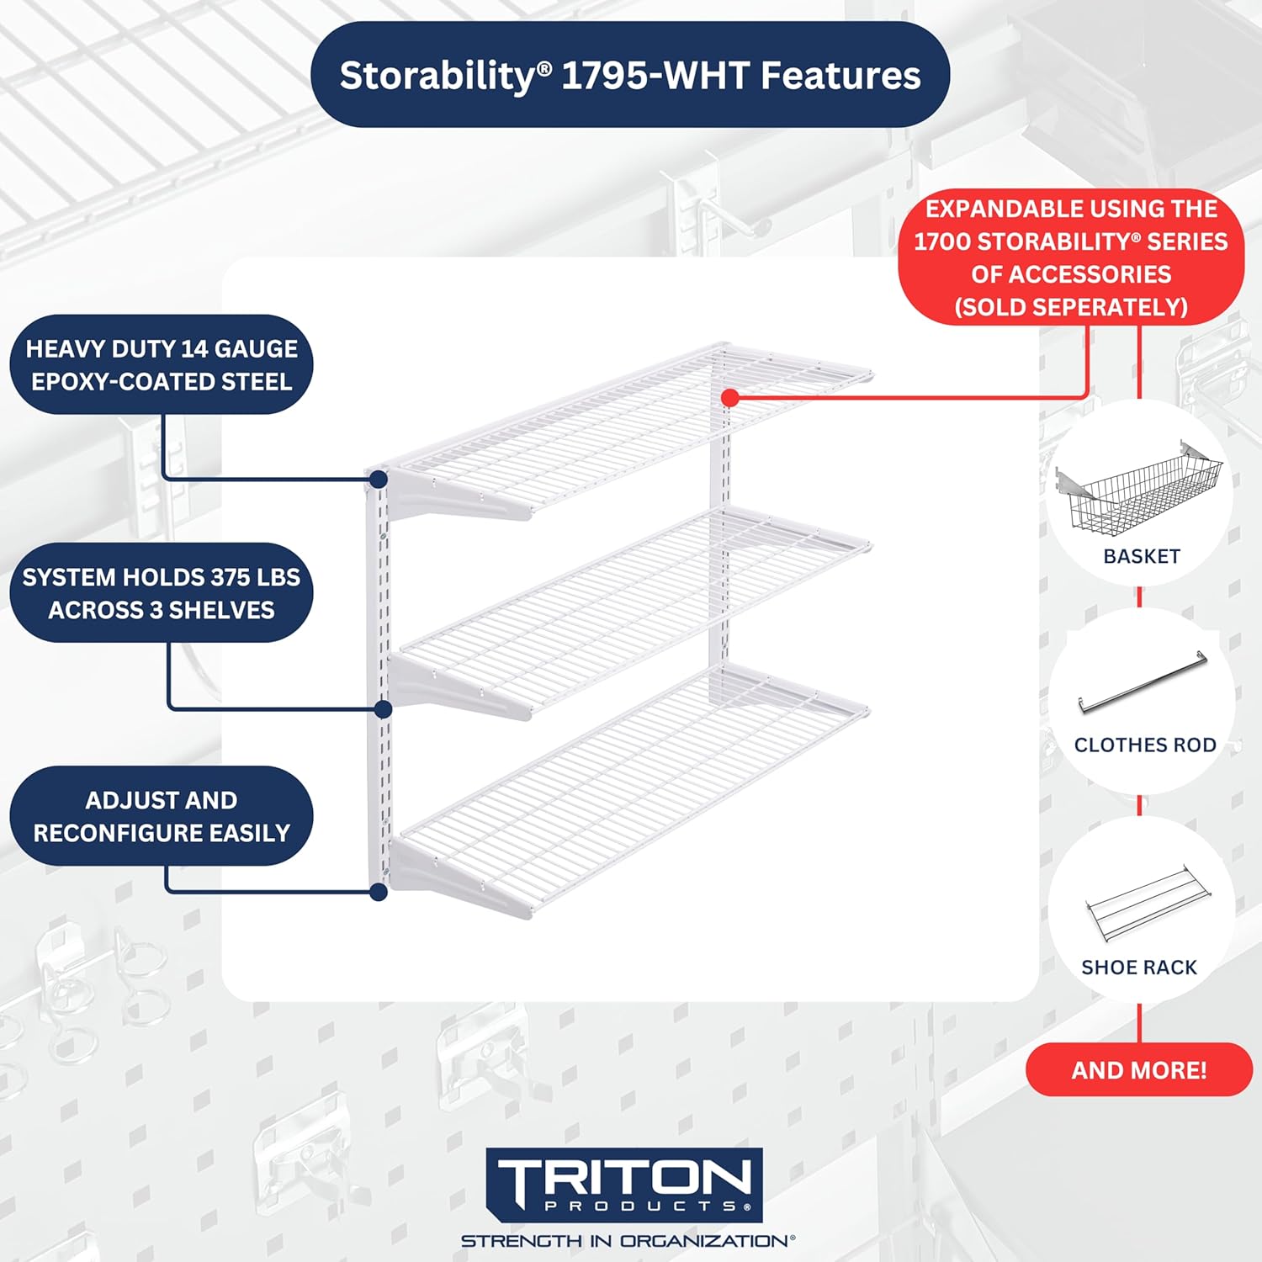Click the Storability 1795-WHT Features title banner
click(x=630, y=75)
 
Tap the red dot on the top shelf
click(x=730, y=397)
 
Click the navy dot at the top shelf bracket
click(x=379, y=480)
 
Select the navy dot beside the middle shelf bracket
click(x=383, y=709)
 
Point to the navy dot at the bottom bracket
click(x=379, y=892)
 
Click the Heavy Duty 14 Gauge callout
click(x=162, y=364)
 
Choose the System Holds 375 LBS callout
click(x=162, y=593)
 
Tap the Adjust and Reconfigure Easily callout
click(x=162, y=816)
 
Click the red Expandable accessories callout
click(x=1071, y=257)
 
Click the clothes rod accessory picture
click(x=1143, y=683)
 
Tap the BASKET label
click(x=1142, y=556)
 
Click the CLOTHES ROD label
click(x=1145, y=745)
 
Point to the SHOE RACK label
click(x=1139, y=968)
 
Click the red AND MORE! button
click(x=1139, y=1070)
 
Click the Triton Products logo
click(x=624, y=1185)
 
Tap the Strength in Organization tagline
click(x=628, y=1241)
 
